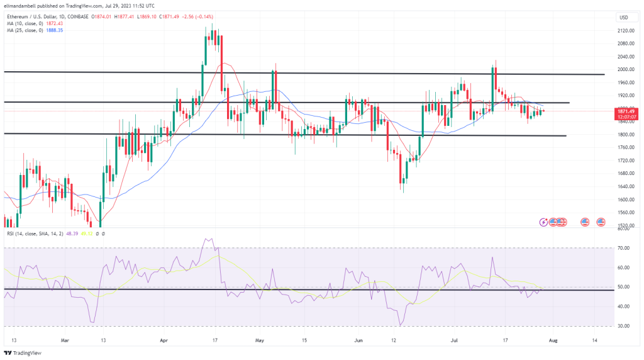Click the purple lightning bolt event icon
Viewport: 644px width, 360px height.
[x=544, y=222]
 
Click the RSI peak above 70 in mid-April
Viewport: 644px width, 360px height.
[x=208, y=239]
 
